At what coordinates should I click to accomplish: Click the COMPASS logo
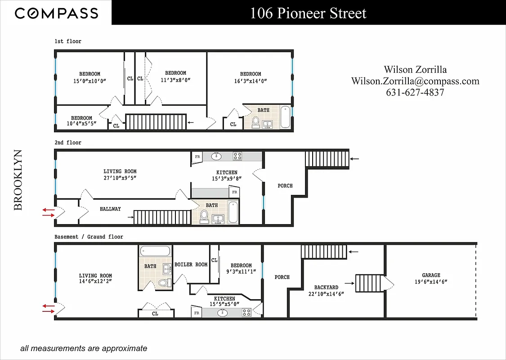tap(56, 13)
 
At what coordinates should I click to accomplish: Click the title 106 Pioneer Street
tap(308, 13)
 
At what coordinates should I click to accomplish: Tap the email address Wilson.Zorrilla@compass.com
tap(415, 81)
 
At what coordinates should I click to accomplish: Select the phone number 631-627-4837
tap(415, 92)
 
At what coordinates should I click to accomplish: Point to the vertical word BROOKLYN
tap(18, 180)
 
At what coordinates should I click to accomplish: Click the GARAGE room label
tap(431, 275)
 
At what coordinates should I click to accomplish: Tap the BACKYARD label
tap(327, 287)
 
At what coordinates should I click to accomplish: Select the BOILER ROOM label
tap(191, 265)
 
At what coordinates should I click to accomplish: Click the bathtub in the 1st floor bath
tap(286, 117)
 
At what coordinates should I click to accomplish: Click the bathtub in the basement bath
tap(155, 251)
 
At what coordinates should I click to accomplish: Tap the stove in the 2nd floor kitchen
tap(237, 157)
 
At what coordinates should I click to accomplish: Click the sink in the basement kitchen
tap(223, 312)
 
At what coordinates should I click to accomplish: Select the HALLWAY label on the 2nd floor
tap(110, 209)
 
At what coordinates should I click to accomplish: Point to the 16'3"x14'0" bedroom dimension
tap(251, 81)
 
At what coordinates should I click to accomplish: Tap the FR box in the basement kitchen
tap(197, 313)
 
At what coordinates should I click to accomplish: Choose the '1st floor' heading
tap(68, 41)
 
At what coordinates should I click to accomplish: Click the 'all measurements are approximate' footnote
tap(83, 348)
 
